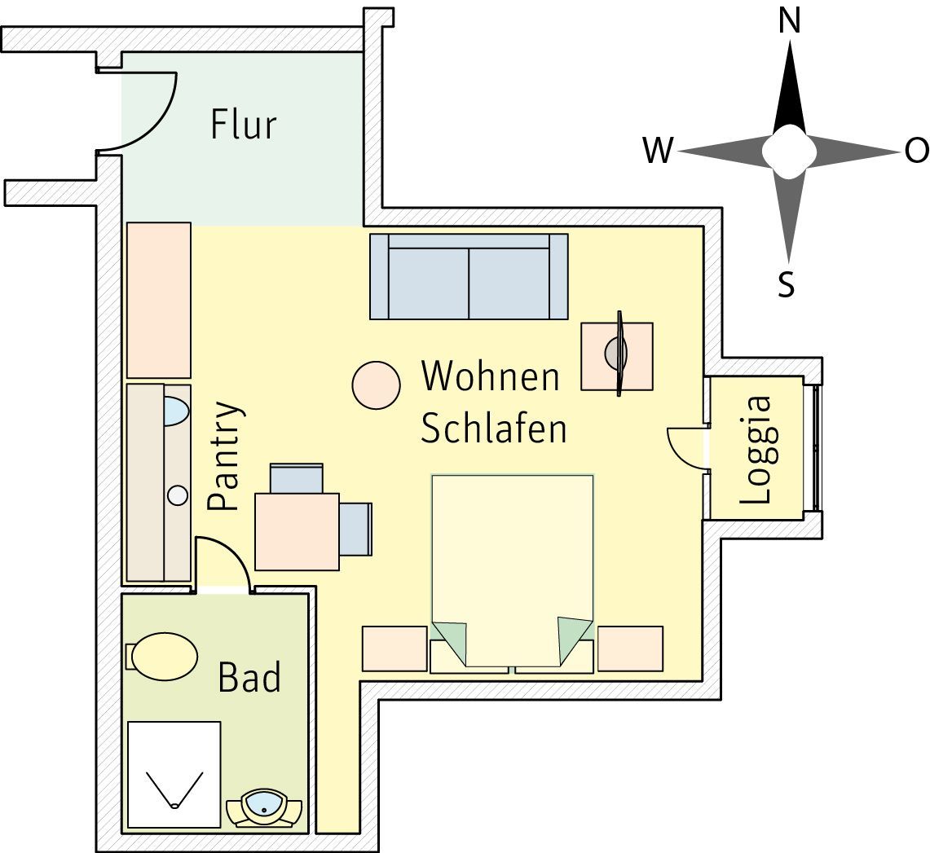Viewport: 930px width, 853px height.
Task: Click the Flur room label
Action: pos(244,125)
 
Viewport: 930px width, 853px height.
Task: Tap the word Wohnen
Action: pos(491,376)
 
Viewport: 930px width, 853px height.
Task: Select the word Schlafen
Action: pos(493,428)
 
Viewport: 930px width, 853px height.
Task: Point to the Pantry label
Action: pos(225,456)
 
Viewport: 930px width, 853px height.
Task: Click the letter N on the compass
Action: pos(789,22)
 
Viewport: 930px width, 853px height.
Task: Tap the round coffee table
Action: pos(376,385)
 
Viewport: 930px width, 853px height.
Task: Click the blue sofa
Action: pos(469,276)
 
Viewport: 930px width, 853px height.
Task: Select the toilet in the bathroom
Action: pos(162,657)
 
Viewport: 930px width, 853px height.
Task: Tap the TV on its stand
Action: pos(618,354)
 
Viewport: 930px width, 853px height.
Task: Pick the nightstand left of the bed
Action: pos(394,649)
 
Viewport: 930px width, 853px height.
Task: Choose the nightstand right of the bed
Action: pos(631,649)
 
